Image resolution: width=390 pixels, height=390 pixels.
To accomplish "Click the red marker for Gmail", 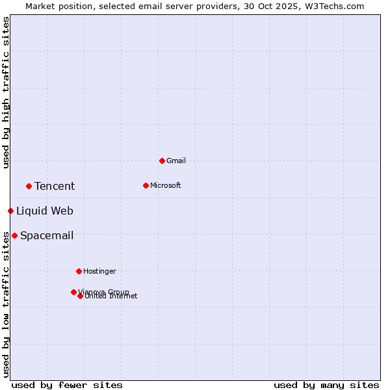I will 162,161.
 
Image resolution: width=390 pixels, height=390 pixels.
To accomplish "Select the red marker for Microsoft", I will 146,185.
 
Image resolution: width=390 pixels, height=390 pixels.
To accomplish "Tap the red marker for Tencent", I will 29,186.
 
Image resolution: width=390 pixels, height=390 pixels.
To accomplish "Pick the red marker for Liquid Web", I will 10,211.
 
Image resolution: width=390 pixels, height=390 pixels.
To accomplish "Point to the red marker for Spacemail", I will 14,235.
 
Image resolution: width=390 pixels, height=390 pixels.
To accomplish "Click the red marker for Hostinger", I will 79,271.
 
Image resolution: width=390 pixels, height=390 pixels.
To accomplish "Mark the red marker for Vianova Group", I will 73,292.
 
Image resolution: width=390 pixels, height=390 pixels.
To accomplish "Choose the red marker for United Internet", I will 80,296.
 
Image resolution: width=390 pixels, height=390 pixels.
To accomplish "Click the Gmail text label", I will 176,161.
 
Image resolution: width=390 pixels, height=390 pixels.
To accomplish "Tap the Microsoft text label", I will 166,185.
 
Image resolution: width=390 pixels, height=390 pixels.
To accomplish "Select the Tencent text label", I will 55,186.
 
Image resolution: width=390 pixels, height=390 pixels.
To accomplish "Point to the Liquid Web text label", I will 45,211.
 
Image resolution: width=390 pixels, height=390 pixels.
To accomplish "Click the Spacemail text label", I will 47,235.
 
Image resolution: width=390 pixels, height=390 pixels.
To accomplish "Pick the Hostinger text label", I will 99,271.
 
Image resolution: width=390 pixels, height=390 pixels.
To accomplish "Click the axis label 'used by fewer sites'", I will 67,385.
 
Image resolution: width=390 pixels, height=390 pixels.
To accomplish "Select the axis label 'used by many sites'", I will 326,385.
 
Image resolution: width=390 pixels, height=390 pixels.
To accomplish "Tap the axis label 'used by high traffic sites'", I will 6,92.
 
